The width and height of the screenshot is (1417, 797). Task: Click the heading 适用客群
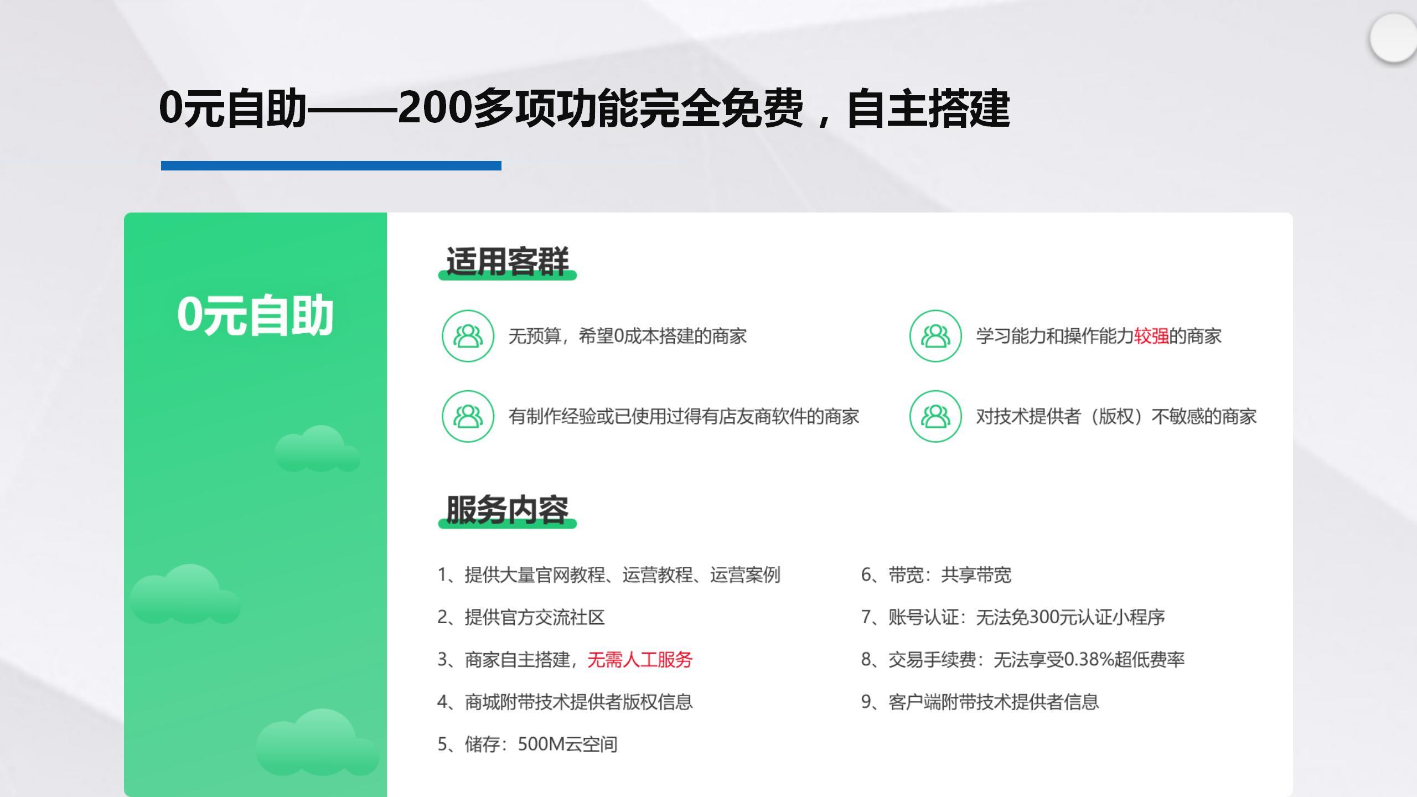click(x=507, y=261)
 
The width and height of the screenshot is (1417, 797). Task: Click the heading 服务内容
click(x=507, y=510)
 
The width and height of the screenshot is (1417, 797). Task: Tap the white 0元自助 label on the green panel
click(x=255, y=315)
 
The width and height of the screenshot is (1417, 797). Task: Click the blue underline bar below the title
click(x=331, y=165)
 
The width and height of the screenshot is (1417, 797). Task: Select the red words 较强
click(x=1151, y=336)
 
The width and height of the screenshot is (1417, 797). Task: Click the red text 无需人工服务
click(x=640, y=659)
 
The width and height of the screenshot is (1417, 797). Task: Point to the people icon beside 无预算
click(x=468, y=336)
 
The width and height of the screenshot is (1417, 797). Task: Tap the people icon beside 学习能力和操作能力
click(x=935, y=336)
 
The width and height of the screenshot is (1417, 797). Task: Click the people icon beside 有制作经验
click(x=468, y=416)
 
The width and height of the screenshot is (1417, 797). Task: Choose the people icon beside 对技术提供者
click(x=935, y=416)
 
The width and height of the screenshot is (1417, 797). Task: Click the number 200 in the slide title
click(x=435, y=107)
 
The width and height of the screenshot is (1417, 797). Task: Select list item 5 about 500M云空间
click(x=528, y=744)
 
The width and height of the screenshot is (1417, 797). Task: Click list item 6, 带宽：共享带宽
click(x=936, y=575)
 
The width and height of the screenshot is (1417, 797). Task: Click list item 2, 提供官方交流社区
click(x=521, y=617)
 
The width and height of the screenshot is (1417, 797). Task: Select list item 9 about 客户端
click(x=980, y=702)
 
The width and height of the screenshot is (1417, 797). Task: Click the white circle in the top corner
click(x=1394, y=39)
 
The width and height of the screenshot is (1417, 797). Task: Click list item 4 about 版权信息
click(x=565, y=702)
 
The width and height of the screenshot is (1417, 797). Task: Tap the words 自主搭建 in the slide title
click(x=929, y=108)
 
